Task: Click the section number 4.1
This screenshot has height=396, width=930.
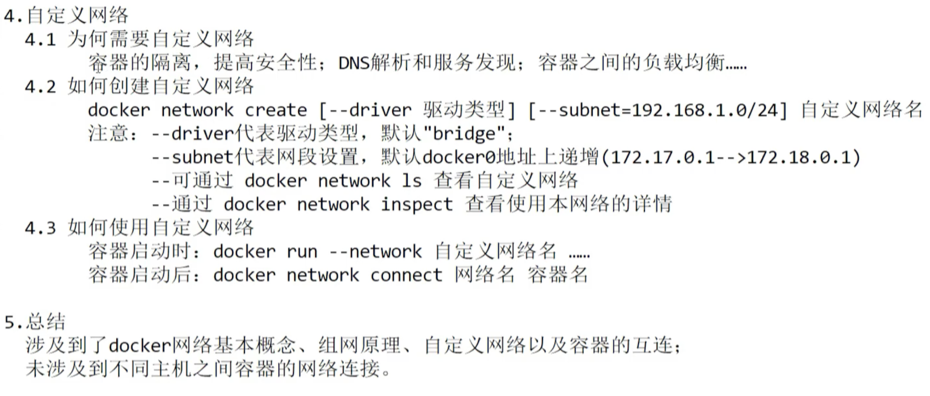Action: coord(40,40)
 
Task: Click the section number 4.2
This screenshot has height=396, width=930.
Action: coord(40,87)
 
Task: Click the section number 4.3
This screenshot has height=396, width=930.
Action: coord(40,228)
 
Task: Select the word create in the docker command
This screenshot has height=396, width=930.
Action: coord(276,110)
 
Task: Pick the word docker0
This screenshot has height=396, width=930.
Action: coord(459,157)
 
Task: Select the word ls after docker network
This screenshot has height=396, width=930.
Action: coord(411,181)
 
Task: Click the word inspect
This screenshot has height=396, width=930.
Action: coord(417,204)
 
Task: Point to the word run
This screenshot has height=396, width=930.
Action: coord(302,251)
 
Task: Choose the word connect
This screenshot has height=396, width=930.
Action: coord(406,275)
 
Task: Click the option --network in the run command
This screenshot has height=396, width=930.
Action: coord(375,251)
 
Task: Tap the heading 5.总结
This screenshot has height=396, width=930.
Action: coord(35,322)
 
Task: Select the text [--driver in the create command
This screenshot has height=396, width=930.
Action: coord(365,110)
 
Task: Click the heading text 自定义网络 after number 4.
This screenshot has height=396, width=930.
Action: coord(77,16)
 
